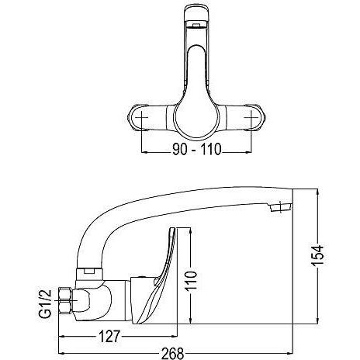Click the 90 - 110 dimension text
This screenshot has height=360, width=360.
click(x=197, y=149)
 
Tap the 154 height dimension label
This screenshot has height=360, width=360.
click(x=317, y=255)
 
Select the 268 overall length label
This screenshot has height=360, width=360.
click(x=173, y=353)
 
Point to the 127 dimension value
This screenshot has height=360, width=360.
click(x=109, y=336)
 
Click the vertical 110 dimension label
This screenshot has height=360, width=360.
click(x=191, y=281)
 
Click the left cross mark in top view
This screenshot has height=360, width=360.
click(x=141, y=117)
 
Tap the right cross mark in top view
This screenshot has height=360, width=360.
click(x=251, y=117)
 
